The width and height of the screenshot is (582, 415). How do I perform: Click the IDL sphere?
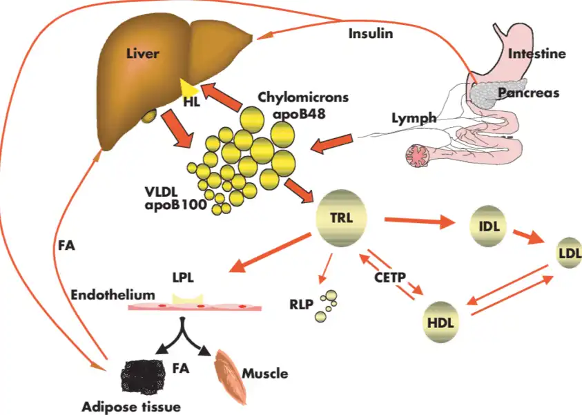[488, 226]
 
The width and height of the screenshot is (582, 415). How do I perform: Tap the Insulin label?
[371, 33]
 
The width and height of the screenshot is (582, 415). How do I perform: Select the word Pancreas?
[528, 92]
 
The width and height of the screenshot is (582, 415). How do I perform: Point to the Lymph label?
[414, 118]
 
